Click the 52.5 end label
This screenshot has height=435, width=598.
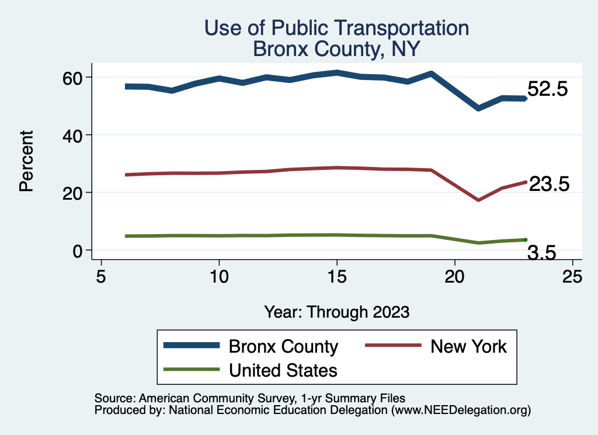[547, 90]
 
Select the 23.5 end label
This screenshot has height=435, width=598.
[548, 185]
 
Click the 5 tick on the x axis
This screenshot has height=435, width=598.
[101, 276]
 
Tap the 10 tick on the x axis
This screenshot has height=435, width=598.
[219, 276]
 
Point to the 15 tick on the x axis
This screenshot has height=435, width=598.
[337, 276]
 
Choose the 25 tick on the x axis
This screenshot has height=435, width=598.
[572, 276]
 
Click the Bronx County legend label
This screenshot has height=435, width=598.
[283, 347]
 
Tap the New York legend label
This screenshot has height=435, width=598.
[469, 347]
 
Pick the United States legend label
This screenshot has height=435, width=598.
[283, 370]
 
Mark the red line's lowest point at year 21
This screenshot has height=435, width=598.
[478, 200]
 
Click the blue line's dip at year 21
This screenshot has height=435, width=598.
[478, 109]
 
